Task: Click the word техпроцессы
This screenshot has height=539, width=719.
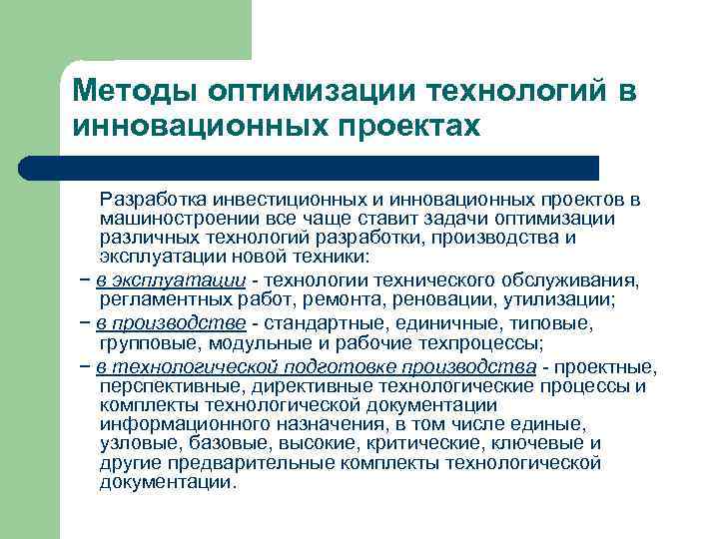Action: point(488,342)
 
